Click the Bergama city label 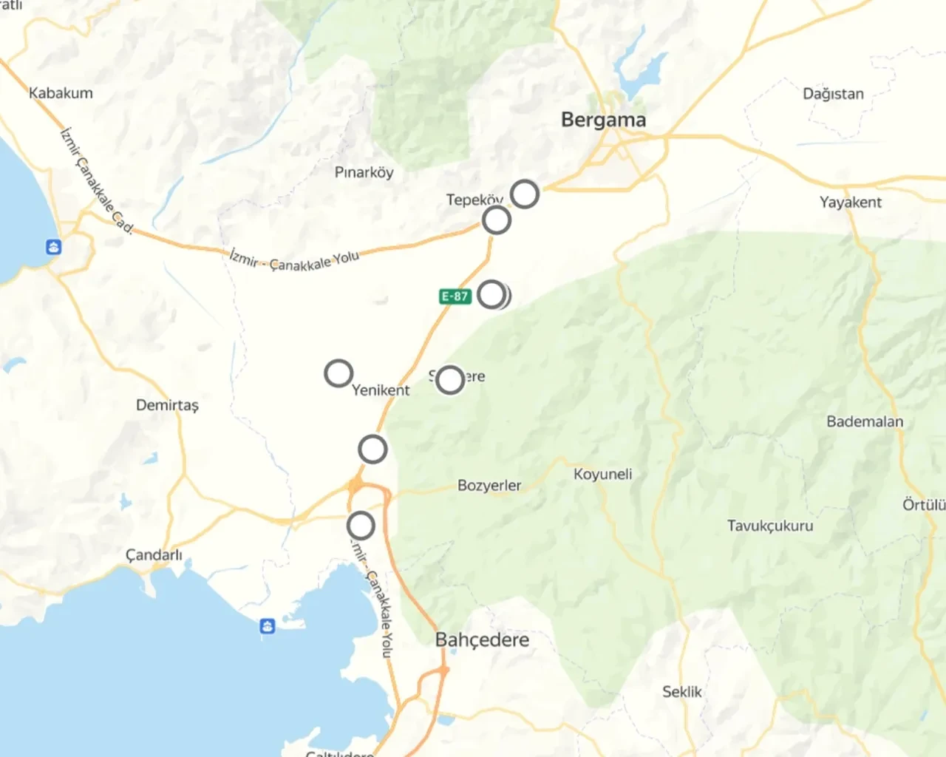tap(603, 120)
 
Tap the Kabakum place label tap(61, 93)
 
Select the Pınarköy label tap(364, 172)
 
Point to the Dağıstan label tap(833, 94)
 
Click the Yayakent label tap(850, 202)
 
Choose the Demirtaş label tap(167, 405)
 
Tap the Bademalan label tap(865, 421)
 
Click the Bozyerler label tap(489, 486)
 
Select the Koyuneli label tap(602, 474)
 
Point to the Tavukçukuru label tap(770, 526)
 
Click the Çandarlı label tap(154, 555)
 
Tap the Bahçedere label tap(482, 639)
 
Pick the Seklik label tap(681, 692)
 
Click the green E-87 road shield tap(455, 296)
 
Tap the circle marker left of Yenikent tap(338, 373)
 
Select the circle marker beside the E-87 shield tap(492, 294)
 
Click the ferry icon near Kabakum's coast tap(53, 247)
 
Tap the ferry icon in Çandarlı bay tap(268, 626)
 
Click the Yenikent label tap(381, 390)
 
